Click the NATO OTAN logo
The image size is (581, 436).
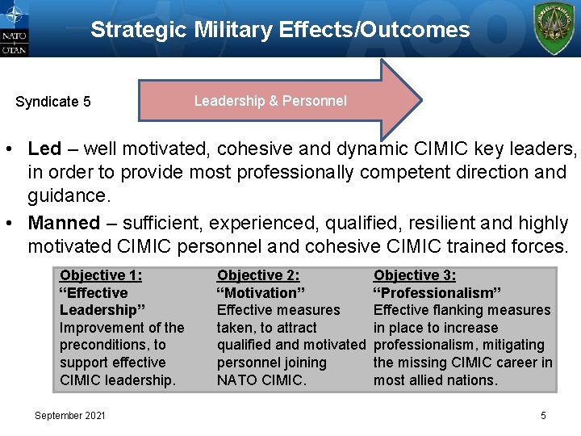point(15,28)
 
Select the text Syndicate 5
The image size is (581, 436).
point(53,102)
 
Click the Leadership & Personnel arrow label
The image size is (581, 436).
point(270,101)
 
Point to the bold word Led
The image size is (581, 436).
point(44,149)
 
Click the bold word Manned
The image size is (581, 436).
point(64,223)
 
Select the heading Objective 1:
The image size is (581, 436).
point(101,275)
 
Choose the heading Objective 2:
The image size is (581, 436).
point(258,275)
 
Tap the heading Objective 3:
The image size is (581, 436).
point(415,275)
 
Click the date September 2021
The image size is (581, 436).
point(69,415)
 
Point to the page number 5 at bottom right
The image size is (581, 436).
point(543,415)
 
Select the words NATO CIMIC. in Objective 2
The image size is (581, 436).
point(261,380)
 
